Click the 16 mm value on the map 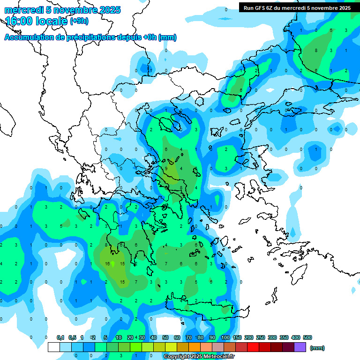tap(107, 264)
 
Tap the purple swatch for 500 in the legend tap(300, 347)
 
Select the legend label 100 tap(225, 337)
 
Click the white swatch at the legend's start tap(54, 347)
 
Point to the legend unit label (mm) tap(317, 348)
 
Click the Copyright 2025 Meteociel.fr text tap(199, 356)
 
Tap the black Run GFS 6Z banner tap(297, 8)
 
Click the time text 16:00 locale tap(37, 21)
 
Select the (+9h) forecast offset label tap(79, 21)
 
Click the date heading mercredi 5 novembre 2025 tap(62, 10)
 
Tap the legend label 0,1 tap(60, 337)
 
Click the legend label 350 tap(284, 337)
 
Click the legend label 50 tap(165, 337)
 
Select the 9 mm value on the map tap(166, 168)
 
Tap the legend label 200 tap(249, 337)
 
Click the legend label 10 tap(119, 337)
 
